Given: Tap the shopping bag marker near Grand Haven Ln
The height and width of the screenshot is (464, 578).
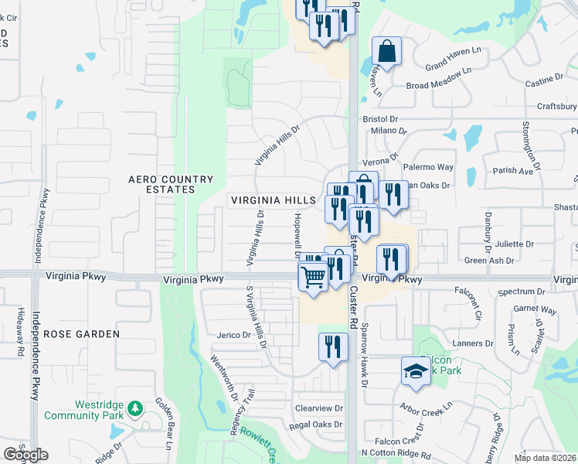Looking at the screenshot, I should (386, 53).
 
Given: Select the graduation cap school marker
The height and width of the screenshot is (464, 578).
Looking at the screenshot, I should (415, 371).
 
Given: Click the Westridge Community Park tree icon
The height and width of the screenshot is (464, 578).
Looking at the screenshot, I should (135, 408).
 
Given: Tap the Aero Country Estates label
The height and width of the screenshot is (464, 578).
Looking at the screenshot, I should (171, 184).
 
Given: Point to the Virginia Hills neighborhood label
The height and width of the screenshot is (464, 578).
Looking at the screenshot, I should (274, 200).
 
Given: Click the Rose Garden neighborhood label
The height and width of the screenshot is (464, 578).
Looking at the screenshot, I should (81, 334).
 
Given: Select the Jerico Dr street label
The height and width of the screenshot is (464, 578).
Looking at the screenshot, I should (236, 336).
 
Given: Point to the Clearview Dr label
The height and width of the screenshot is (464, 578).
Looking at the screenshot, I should (318, 408).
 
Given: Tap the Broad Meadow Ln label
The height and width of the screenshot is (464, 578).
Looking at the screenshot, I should (439, 80).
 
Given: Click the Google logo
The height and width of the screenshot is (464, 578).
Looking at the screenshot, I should (25, 454).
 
